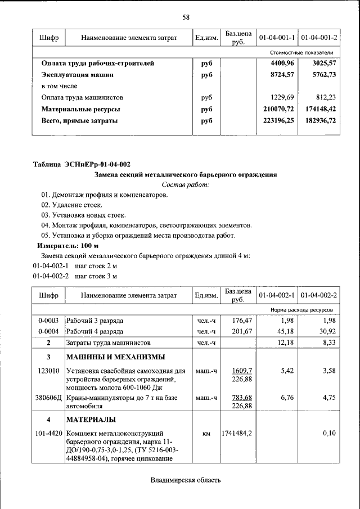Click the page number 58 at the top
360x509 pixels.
(186, 17)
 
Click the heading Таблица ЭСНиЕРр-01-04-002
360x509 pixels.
(82, 165)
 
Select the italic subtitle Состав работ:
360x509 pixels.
(185, 184)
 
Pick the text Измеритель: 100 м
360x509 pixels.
(68, 246)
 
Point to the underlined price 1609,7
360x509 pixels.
(242, 371)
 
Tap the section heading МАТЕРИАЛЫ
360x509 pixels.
(91, 420)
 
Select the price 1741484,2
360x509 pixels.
(237, 434)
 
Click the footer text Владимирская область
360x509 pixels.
(186, 480)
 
